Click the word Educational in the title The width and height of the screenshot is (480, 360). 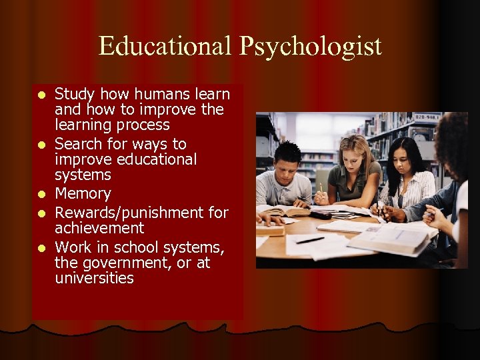coord(161,46)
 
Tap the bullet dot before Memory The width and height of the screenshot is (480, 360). coord(41,195)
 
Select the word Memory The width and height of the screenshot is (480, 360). coord(82,194)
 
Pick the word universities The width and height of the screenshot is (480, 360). coord(94,278)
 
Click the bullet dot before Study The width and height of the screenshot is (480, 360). coord(41,95)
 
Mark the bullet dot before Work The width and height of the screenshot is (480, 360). coord(41,248)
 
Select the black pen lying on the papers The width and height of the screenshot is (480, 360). coord(310,240)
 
